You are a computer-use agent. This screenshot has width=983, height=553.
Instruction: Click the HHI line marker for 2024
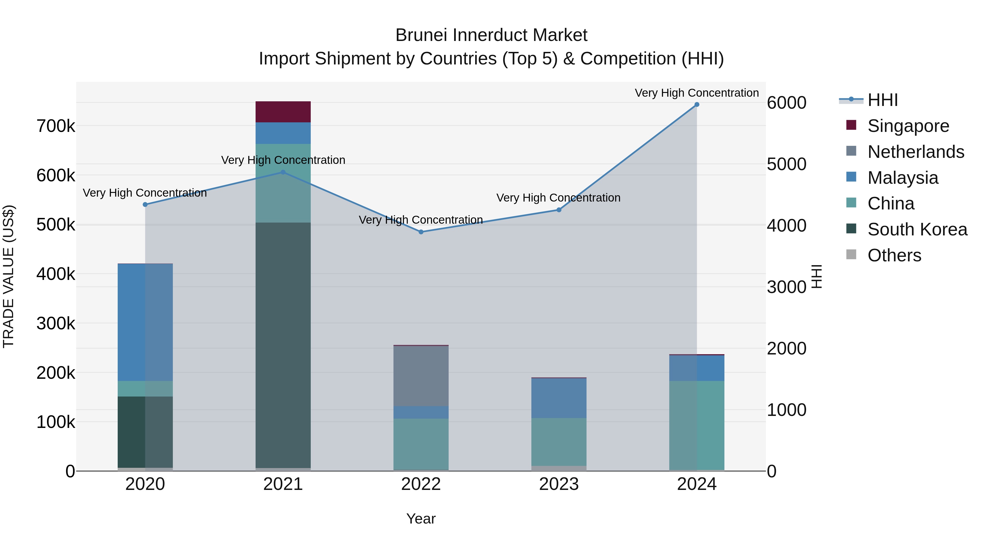(697, 105)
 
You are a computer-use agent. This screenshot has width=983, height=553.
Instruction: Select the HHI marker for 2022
(421, 232)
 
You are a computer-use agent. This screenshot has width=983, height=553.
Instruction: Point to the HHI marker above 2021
(283, 173)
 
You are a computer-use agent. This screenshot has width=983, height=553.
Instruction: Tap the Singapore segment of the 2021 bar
(283, 112)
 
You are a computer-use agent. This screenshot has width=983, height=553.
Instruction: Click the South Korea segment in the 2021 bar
(283, 344)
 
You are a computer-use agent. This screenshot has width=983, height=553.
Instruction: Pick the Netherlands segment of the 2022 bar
(421, 376)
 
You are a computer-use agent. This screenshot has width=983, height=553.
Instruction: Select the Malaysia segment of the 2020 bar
(145, 323)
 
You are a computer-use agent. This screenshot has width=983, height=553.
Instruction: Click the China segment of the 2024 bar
(697, 425)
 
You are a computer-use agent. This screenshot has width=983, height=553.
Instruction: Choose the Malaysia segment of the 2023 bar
(559, 398)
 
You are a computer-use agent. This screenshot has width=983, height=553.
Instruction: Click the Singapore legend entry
(908, 126)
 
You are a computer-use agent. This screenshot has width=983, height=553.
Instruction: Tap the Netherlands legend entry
(916, 152)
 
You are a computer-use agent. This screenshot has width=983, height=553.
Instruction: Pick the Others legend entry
(894, 255)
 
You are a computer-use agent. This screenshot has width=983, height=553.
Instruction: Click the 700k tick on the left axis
(56, 126)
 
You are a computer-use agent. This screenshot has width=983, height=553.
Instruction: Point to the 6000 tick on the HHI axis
(786, 103)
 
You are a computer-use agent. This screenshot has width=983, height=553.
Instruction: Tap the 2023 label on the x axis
(559, 484)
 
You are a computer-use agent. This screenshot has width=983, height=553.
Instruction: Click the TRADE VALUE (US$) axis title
(9, 276)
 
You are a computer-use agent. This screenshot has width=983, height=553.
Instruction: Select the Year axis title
(421, 519)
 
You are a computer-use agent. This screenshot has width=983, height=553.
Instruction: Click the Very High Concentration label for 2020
(145, 193)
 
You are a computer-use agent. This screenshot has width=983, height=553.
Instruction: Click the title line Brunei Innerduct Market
(491, 35)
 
